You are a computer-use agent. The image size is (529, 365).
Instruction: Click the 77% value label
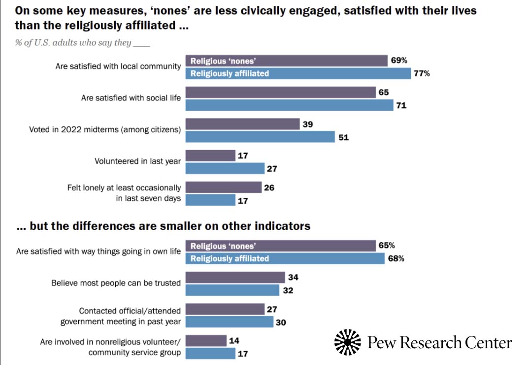[422, 74]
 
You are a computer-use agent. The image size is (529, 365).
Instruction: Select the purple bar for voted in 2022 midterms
[242, 124]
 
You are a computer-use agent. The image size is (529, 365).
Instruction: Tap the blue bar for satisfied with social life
[289, 105]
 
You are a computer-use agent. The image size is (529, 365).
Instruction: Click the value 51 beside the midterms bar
[343, 138]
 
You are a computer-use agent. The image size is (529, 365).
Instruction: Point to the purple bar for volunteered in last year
[210, 155]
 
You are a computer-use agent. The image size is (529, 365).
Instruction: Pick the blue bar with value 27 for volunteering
[225, 169]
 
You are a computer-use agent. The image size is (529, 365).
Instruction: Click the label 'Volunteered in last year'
[137, 161]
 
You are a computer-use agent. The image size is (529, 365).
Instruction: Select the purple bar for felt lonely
[223, 187]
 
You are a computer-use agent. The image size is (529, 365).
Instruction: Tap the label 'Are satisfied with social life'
[131, 98]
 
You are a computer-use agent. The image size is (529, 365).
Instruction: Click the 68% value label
[396, 258]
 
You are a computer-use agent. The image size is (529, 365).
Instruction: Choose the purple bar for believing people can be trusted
[235, 277]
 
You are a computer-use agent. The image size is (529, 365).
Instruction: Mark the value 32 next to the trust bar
[288, 290]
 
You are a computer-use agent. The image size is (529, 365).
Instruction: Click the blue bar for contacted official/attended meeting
[229, 322]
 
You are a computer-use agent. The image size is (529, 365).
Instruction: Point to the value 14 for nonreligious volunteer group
[234, 340]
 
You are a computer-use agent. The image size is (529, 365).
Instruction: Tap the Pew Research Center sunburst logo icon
[348, 342]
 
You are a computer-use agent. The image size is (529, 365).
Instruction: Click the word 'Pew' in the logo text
[382, 342]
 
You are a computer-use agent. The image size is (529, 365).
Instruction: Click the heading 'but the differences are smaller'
[163, 226]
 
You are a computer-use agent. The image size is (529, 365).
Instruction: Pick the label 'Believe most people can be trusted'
[116, 283]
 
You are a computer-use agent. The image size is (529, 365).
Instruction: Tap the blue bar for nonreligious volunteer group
[210, 353]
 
